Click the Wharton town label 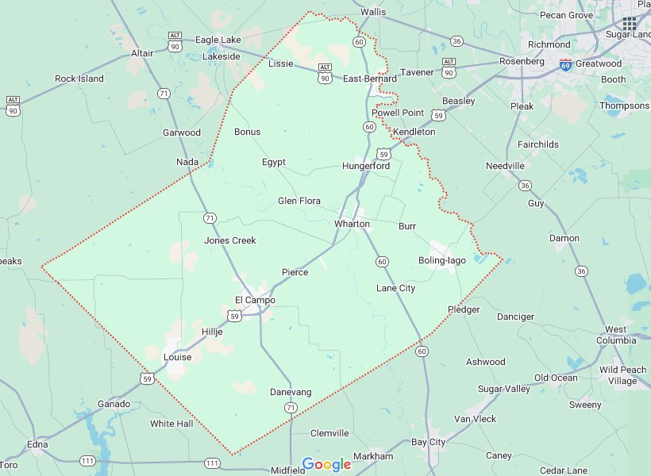click(352, 224)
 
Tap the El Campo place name click(255, 300)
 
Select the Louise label click(178, 357)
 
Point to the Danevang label click(291, 392)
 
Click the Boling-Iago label click(442, 260)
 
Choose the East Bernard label click(369, 79)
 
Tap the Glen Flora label click(299, 201)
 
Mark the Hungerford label click(366, 166)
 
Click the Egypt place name click(274, 162)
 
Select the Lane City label click(395, 288)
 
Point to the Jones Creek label click(230, 240)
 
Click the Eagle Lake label click(218, 40)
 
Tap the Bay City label click(428, 442)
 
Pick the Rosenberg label click(522, 61)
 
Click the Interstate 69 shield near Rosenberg click(565, 64)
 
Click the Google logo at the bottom click(326, 464)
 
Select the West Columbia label click(617, 335)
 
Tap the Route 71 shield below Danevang click(291, 408)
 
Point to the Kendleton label click(414, 132)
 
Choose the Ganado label click(114, 404)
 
